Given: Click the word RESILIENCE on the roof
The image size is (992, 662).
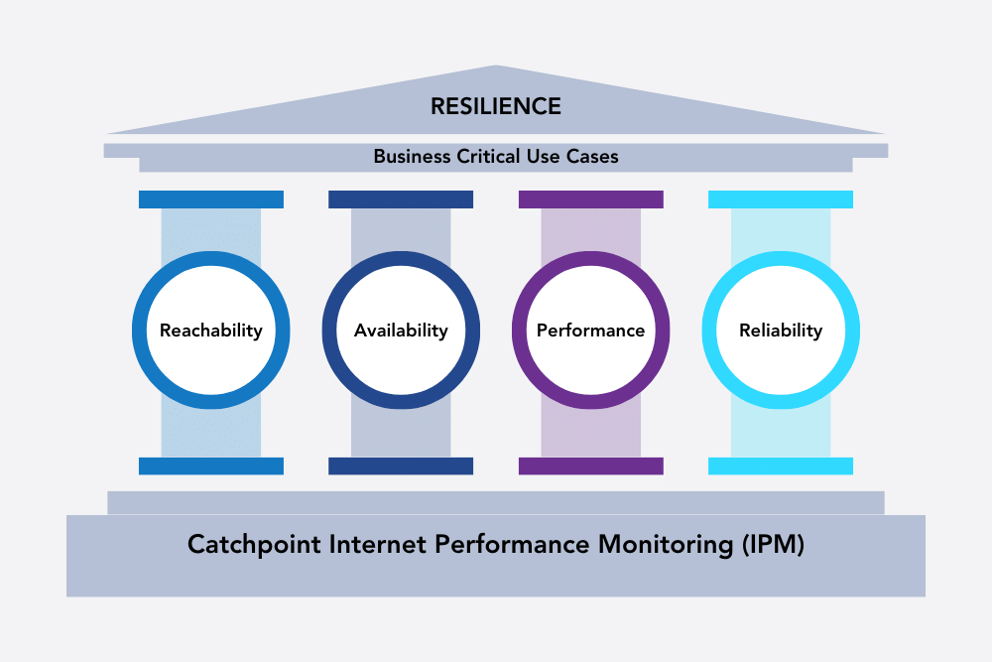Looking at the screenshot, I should (x=496, y=106).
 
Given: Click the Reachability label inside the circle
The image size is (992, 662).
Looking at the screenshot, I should (x=210, y=331).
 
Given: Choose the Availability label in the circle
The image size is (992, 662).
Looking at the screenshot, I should (x=401, y=331).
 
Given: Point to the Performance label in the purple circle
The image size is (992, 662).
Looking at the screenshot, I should (x=590, y=331).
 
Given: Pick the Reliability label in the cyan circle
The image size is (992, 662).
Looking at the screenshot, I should (x=781, y=331).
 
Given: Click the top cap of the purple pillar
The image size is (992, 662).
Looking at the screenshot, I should (x=590, y=199).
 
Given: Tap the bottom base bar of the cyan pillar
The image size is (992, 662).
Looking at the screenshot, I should (x=781, y=465).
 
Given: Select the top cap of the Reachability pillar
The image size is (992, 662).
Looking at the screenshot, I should (x=210, y=199).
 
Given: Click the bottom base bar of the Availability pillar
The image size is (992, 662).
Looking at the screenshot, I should (x=401, y=465).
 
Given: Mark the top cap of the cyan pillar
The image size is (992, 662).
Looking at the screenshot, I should (x=781, y=199).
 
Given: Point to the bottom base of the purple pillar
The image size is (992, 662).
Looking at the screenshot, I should (x=590, y=465).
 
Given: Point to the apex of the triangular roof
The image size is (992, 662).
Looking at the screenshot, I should (x=496, y=68).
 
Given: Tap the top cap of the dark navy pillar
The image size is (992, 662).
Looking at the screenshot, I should (x=401, y=199).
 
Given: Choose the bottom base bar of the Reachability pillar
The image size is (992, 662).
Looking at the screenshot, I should (x=210, y=465).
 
